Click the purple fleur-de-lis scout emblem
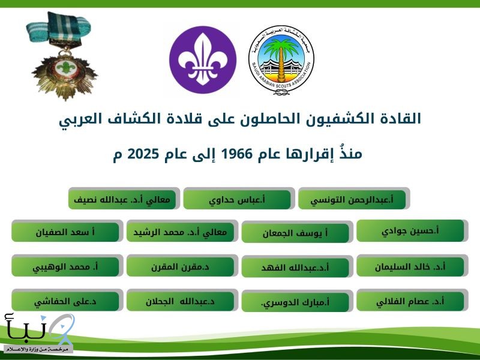pos(202,60)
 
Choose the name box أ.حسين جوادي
pos(410,231)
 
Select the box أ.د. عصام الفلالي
pos(410,301)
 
